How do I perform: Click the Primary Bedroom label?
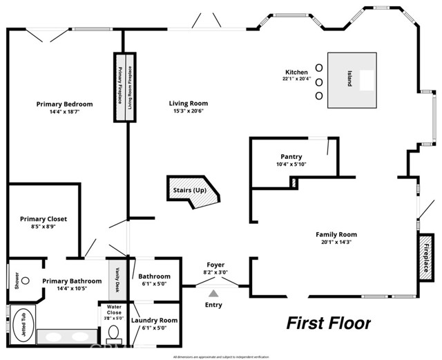(64, 104)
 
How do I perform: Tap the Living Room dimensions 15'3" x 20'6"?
(188, 112)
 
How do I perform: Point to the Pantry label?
(291, 157)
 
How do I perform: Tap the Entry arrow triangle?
(214, 294)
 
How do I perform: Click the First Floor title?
(329, 323)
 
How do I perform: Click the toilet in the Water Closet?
(115, 334)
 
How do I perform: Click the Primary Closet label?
(43, 219)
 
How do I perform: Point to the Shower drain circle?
(25, 281)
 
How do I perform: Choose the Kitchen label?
(297, 72)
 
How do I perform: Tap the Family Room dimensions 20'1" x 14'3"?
(336, 242)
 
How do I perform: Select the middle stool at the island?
(319, 80)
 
